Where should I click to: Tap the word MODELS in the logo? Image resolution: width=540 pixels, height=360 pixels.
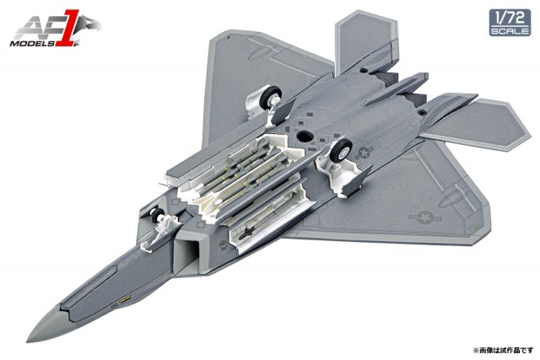[32, 44]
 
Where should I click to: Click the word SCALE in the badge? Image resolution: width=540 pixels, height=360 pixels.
[510, 31]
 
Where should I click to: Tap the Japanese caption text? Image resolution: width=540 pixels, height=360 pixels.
[501, 351]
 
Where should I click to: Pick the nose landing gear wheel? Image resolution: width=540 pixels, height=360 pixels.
[157, 214]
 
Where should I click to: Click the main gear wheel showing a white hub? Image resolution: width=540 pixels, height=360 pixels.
[341, 150]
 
